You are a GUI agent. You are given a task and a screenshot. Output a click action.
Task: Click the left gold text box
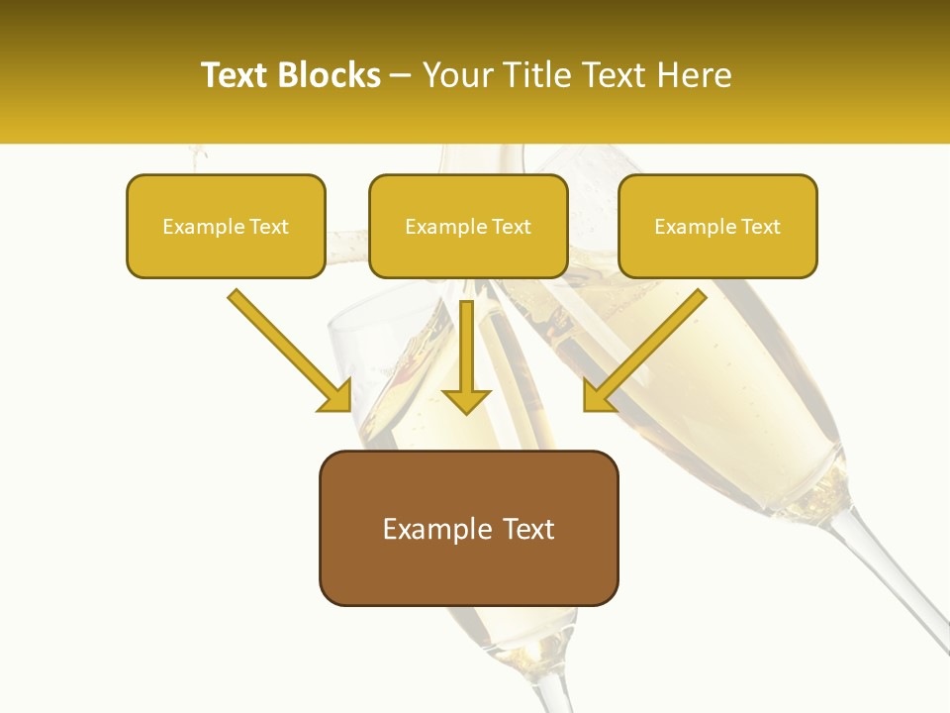coord(226,226)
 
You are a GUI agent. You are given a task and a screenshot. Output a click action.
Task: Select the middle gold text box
coord(468,226)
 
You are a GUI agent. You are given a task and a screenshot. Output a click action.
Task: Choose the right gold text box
coord(717,226)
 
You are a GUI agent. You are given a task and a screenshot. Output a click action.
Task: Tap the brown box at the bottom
coord(468,528)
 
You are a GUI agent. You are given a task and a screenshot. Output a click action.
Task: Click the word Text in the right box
coord(761,227)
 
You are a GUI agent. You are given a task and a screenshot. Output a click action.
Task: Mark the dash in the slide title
coord(402,75)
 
